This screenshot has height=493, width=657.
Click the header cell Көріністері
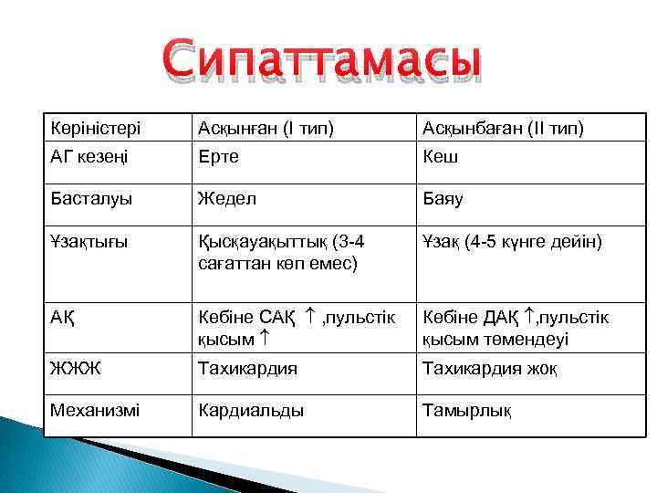tap(90, 128)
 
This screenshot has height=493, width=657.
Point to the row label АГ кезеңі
tap(89, 156)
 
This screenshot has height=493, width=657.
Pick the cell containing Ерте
tap(219, 156)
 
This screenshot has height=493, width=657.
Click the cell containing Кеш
tap(440, 156)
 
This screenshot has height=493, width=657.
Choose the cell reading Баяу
tap(443, 198)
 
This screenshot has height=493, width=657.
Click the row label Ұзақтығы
tap(89, 242)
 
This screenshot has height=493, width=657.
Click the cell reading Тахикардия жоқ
tap(489, 370)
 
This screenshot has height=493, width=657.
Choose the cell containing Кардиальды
tap(252, 410)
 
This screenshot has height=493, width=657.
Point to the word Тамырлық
tap(466, 410)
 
